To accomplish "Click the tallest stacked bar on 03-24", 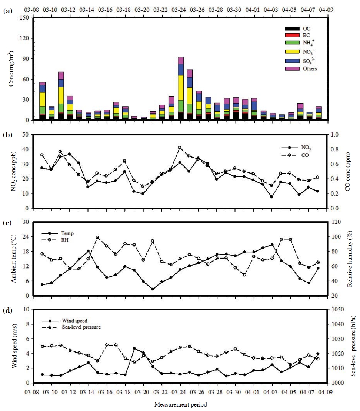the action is pyautogui.click(x=180, y=88).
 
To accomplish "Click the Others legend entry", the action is pyautogui.click(x=301, y=68).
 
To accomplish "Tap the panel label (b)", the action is pyautogui.click(x=8, y=135).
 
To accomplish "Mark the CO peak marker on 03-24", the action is pyautogui.click(x=180, y=148).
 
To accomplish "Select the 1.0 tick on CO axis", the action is pyautogui.click(x=334, y=134).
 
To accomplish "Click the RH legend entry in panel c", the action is pyautogui.click(x=55, y=240).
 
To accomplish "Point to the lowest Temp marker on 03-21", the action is pyautogui.click(x=153, y=289).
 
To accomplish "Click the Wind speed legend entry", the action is pyautogui.click(x=64, y=321).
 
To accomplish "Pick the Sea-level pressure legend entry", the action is pyautogui.click(x=71, y=327).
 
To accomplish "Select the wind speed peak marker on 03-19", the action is pyautogui.click(x=134, y=348).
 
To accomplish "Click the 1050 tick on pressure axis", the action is pyautogui.click(x=337, y=309).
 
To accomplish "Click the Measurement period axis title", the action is pyautogui.click(x=180, y=404).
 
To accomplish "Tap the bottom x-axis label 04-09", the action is pyautogui.click(x=326, y=392).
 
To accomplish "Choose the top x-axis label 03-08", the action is pyautogui.click(x=31, y=10).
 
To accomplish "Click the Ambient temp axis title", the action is pyautogui.click(x=13, y=259).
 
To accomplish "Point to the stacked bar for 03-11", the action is pyautogui.click(x=61, y=96).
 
